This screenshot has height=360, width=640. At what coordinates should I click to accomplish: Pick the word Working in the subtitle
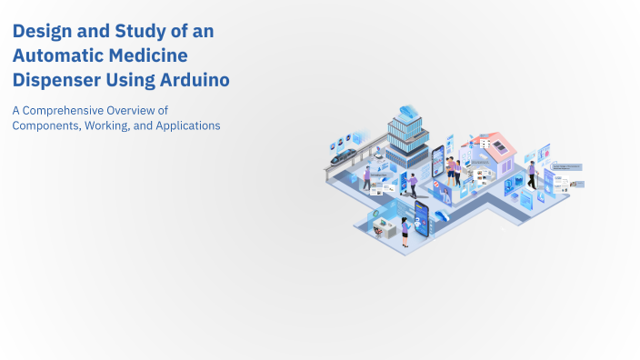pos(107,125)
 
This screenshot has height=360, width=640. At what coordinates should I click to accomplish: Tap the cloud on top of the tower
pos(405,109)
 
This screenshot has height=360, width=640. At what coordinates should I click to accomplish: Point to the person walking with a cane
pos(367,177)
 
